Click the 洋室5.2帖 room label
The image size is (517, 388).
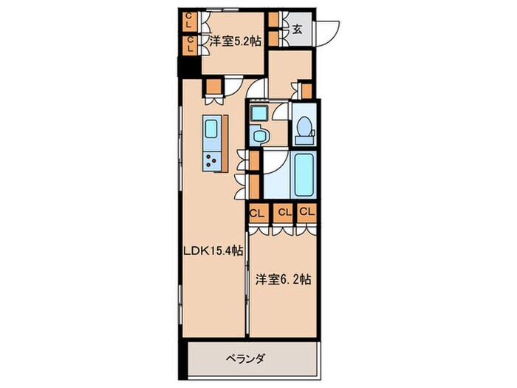(236, 41)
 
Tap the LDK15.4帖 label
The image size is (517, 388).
(213, 251)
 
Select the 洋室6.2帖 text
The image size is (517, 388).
(283, 280)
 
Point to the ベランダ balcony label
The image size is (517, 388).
(246, 358)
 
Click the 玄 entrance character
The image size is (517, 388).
(297, 30)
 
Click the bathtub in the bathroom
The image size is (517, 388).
(304, 174)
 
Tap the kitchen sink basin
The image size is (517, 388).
(211, 129)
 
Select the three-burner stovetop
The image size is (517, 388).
(211, 160)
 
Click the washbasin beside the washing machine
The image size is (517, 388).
(259, 135)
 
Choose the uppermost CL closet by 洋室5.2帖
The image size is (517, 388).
(189, 21)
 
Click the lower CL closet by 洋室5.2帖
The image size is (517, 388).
(190, 44)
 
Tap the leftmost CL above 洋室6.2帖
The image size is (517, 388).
(258, 213)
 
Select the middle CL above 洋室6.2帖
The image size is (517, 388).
(284, 213)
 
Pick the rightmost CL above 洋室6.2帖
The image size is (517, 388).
(307, 212)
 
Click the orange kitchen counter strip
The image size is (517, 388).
(225, 143)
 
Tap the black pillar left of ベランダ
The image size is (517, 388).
(183, 360)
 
